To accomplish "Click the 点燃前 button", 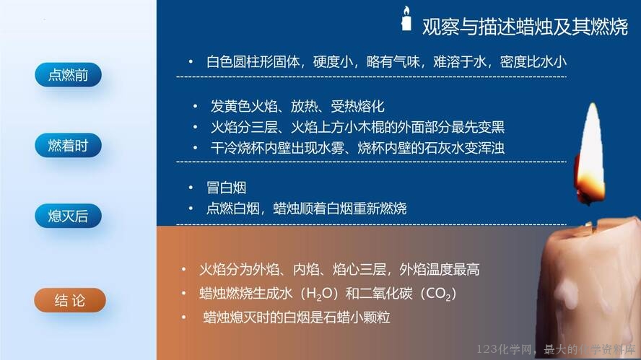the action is click(69, 75).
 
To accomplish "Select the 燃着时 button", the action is click(69, 145).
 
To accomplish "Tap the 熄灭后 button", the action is click(69, 216).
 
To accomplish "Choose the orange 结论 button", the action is click(70, 300).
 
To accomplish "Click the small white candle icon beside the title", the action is click(406, 18).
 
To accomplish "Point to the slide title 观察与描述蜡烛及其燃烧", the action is click(525, 27).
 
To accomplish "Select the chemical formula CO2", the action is click(439, 294).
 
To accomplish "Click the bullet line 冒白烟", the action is click(227, 188).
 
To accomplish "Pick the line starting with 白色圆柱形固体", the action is click(386, 62).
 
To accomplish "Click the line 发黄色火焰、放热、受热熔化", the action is click(297, 107).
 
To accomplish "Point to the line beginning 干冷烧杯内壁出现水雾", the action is click(358, 148).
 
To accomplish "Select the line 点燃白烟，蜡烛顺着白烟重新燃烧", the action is click(307, 208).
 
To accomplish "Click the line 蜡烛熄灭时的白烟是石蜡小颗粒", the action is click(297, 317).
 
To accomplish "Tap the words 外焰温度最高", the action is click(440, 270).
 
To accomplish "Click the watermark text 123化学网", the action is click(504, 349).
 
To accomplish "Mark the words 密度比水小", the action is click(533, 62).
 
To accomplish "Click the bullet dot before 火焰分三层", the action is click(196, 127).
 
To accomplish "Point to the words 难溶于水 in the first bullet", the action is click(460, 62).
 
